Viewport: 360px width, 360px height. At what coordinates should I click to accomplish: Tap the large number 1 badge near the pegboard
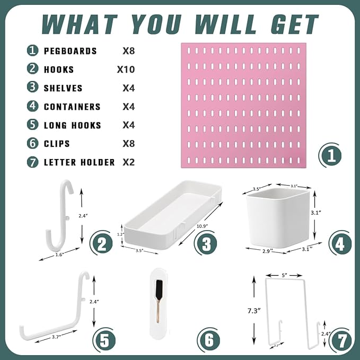[x=331, y=156]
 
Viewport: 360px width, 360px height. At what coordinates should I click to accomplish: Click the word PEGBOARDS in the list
[x=70, y=51]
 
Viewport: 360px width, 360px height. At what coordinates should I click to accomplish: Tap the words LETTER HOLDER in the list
[x=79, y=162]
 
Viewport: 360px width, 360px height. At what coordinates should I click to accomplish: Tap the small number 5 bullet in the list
[x=33, y=125]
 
